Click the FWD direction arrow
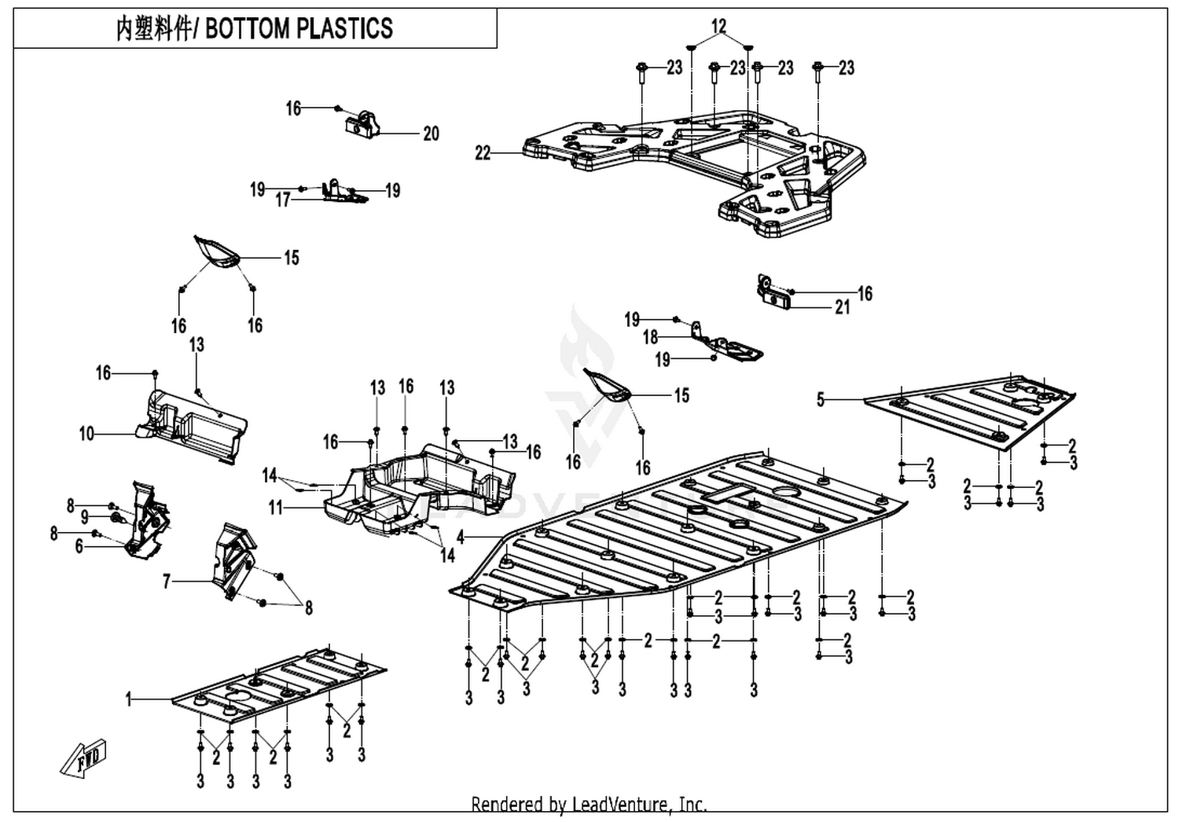point(83,759)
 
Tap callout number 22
point(483,153)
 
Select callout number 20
point(431,134)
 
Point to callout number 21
point(843,307)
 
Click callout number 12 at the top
point(718,26)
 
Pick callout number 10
point(86,434)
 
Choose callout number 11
point(276,508)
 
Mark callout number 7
point(167,582)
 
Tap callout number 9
point(85,518)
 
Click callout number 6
point(79,547)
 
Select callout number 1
point(128,700)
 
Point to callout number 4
point(461,538)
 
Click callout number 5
point(821,400)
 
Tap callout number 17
point(283,200)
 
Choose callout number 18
point(651,337)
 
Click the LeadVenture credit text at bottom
point(589,805)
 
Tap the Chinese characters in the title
point(153,28)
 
